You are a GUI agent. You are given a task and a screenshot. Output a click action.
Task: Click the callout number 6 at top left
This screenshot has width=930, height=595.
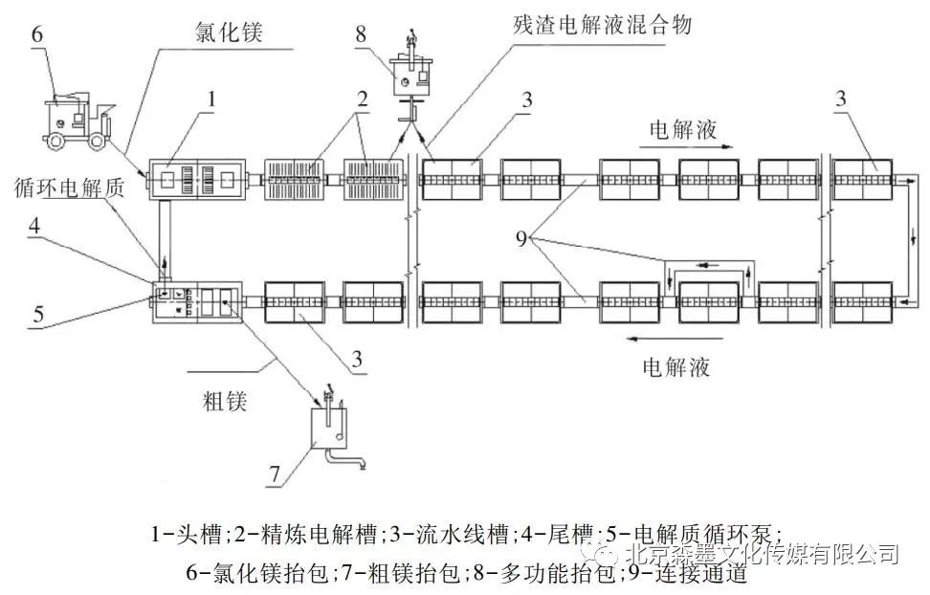[x=37, y=33]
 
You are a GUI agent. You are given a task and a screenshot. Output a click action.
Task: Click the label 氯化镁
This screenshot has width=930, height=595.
[x=225, y=33]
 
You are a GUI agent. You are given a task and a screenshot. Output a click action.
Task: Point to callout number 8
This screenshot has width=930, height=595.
[x=360, y=34]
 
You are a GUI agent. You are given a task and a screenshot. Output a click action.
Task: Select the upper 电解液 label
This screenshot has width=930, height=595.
[x=683, y=128]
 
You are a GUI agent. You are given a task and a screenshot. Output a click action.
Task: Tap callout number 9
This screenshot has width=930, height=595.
[x=522, y=238]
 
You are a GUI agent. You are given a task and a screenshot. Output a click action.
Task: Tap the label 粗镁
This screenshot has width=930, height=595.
[x=225, y=399]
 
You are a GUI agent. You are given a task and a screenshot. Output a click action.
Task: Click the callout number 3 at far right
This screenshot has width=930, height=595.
[x=841, y=98]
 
